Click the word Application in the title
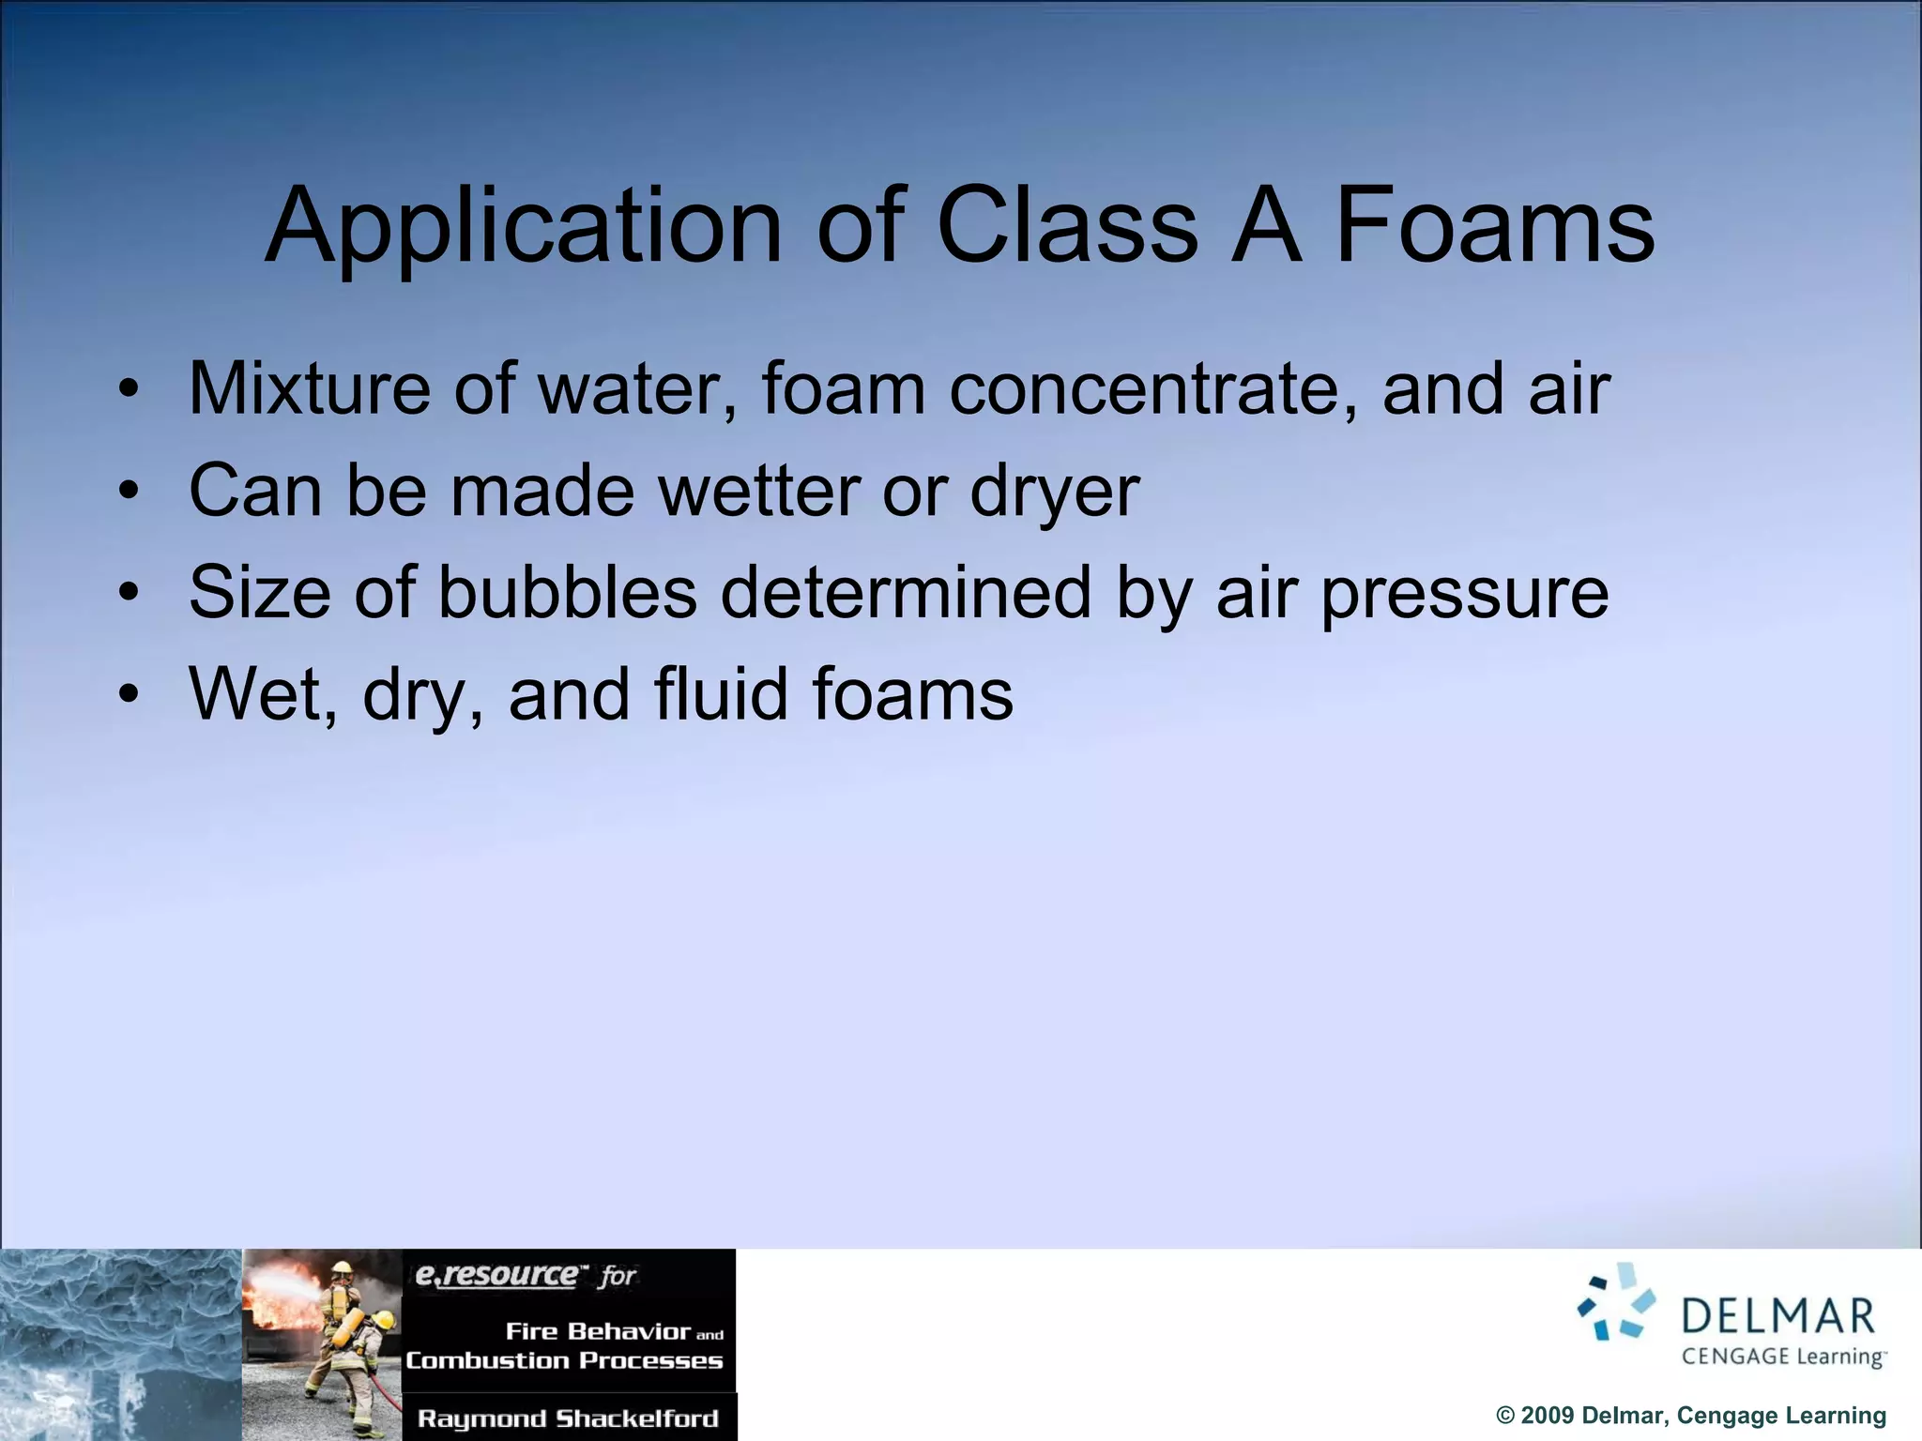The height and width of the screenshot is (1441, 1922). (x=523, y=228)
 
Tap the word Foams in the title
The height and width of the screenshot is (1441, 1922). (x=1494, y=228)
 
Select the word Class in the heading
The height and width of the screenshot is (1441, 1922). (x=1067, y=228)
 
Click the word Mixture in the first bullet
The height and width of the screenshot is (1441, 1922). (x=310, y=388)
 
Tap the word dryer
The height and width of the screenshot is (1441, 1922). (x=1054, y=491)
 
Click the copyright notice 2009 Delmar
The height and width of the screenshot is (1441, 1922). (x=1690, y=1416)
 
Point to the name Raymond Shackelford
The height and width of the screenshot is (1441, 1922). (x=568, y=1418)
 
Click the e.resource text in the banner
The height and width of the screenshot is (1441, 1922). (x=497, y=1275)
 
